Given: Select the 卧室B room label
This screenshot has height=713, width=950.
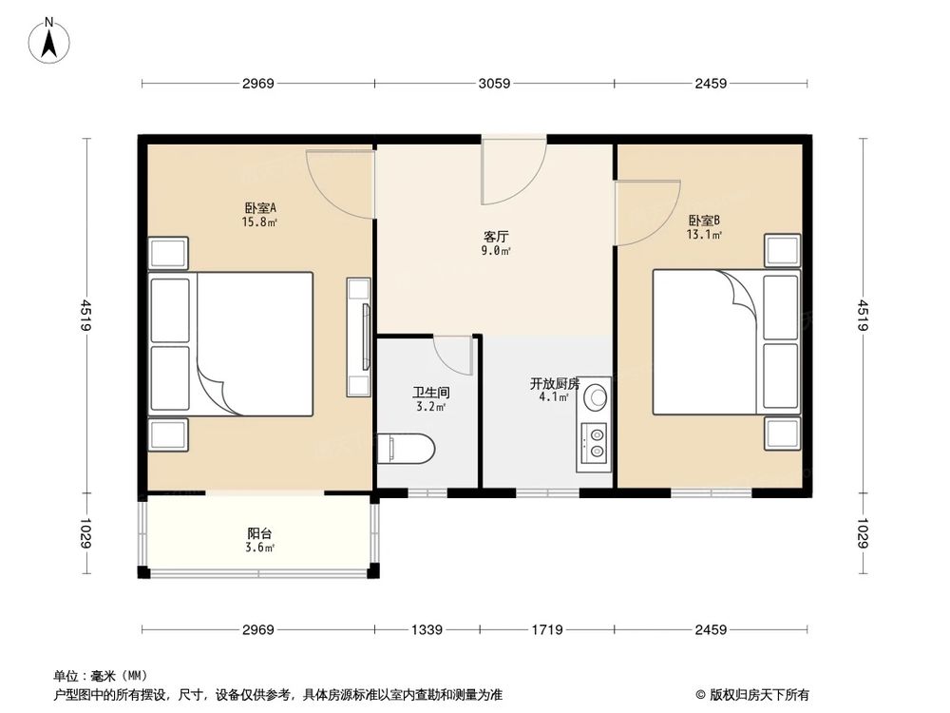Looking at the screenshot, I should tap(704, 221).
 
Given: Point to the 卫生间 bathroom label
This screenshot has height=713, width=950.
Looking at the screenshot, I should tap(430, 392).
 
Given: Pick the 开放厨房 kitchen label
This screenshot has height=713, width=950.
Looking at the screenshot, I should tap(555, 384).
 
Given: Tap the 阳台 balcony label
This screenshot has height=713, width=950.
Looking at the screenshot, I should tap(259, 534).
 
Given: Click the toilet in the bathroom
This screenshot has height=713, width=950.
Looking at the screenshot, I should tap(407, 448).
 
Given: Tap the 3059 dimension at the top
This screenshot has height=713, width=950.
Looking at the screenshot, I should tap(494, 84).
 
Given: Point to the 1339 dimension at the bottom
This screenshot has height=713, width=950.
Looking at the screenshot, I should tap(427, 629).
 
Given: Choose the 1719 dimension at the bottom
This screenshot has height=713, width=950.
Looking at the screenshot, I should tap(547, 629).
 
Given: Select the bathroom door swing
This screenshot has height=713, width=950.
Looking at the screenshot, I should tap(454, 356).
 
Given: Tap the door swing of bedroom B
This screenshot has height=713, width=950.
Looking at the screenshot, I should tap(647, 211).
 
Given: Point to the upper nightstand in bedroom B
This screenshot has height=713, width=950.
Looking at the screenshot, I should tap(783, 251).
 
